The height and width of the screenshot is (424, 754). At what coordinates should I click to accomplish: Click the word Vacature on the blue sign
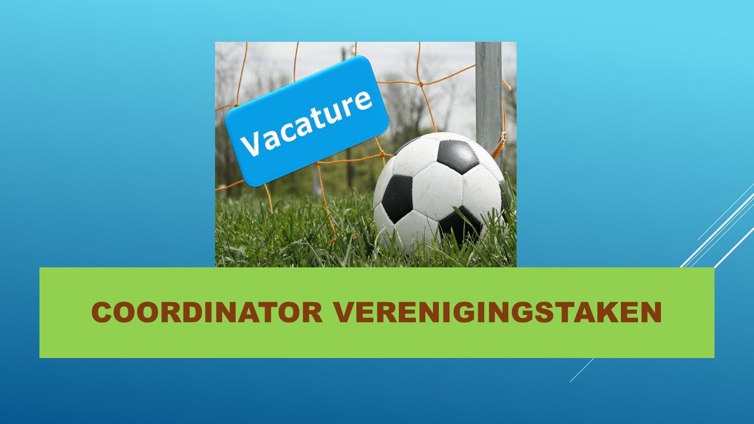(x=306, y=124)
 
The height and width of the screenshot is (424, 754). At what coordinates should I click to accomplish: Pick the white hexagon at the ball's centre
(x=437, y=195)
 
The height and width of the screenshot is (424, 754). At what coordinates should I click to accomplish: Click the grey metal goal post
(x=489, y=101)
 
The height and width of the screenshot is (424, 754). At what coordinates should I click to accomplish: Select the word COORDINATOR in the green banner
(x=207, y=313)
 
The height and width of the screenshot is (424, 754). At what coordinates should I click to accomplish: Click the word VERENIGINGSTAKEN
(x=498, y=313)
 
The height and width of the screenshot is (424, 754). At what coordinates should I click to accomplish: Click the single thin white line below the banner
(x=581, y=370)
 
